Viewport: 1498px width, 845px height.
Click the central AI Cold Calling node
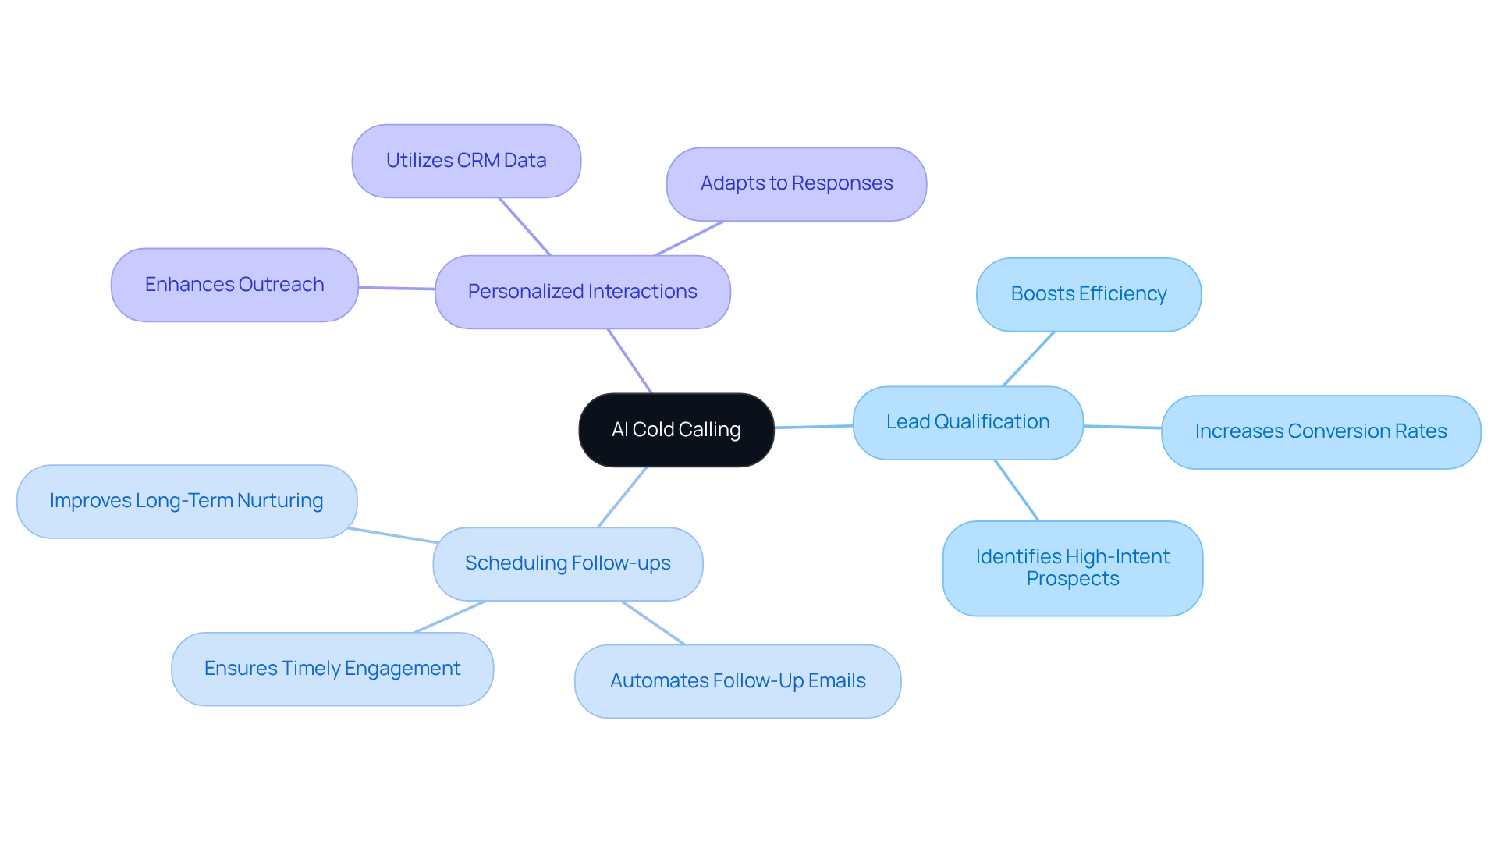coord(676,430)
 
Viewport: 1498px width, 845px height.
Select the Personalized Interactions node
coord(582,292)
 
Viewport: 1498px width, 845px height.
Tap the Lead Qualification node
coord(967,422)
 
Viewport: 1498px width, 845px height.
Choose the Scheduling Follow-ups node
coord(567,563)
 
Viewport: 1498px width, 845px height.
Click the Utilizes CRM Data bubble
coord(466,161)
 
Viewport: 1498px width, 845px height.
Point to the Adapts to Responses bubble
coord(796,184)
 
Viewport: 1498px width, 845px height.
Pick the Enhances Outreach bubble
coord(234,285)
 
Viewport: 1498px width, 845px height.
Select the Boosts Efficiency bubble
coord(1088,294)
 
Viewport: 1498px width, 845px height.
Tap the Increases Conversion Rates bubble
coord(1320,431)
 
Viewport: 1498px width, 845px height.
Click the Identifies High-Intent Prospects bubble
coord(1072,568)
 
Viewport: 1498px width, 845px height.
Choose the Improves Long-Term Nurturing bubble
coord(186,501)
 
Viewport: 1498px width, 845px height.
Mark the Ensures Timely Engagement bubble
coord(332,669)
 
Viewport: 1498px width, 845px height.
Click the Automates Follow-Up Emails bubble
coord(737,681)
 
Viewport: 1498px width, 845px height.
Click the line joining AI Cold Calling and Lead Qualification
coord(813,427)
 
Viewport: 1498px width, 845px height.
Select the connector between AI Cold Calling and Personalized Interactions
coord(630,360)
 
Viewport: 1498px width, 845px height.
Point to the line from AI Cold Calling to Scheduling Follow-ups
coord(622,498)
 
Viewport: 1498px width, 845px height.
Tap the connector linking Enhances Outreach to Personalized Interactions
coord(396,288)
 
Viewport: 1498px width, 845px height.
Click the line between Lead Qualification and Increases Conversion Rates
coord(1122,427)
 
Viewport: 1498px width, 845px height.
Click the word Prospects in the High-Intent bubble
coord(1072,579)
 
